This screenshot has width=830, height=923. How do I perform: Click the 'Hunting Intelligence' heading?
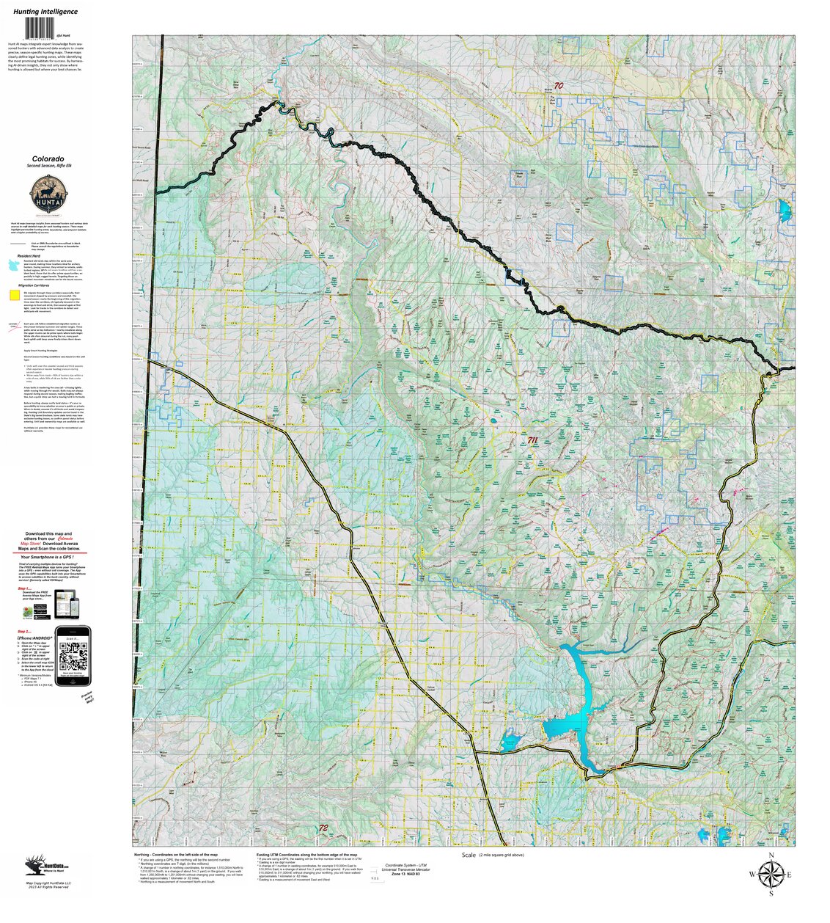click(x=45, y=12)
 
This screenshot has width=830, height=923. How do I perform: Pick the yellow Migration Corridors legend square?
click(x=14, y=295)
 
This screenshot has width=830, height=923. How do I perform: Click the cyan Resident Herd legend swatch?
click(x=13, y=270)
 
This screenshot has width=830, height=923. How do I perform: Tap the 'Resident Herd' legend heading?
click(x=29, y=255)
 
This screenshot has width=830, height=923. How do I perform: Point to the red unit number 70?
click(x=559, y=86)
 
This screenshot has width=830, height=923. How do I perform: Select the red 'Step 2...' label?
click(x=25, y=631)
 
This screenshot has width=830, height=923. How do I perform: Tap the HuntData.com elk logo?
click(x=35, y=865)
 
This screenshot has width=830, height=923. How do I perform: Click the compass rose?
click(x=771, y=875)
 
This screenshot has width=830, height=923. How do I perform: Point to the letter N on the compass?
click(x=771, y=855)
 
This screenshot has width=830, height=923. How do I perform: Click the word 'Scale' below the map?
click(x=469, y=855)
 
